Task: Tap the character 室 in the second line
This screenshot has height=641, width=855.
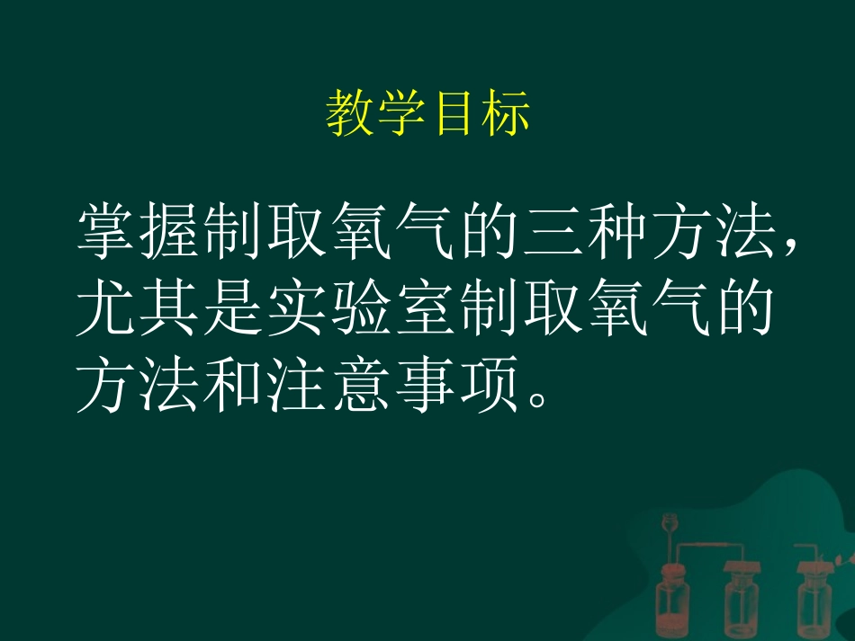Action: click(424, 313)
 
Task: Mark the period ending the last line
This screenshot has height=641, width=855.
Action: click(538, 401)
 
